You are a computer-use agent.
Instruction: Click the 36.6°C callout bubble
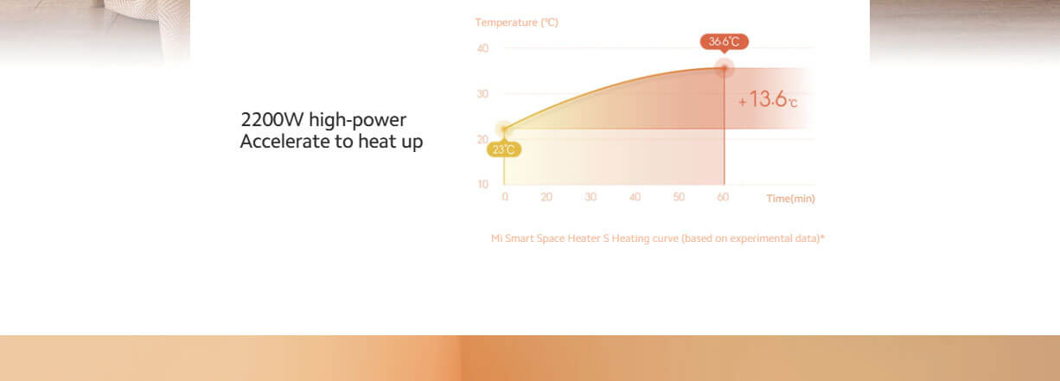(x=724, y=41)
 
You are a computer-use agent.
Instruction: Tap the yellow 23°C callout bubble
(x=504, y=149)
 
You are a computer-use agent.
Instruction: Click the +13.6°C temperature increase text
(x=768, y=99)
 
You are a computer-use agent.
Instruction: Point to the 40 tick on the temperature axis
(x=482, y=48)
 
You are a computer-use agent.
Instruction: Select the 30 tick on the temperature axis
(x=482, y=93)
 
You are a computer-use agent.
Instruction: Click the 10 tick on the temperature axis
(x=482, y=184)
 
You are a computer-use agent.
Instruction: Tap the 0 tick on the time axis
(x=505, y=197)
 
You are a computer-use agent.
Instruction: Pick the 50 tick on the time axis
(x=679, y=197)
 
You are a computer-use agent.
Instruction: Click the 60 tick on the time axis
(x=723, y=197)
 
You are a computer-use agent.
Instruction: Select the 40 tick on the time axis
(x=635, y=197)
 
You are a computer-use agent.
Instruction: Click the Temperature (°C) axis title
(x=517, y=22)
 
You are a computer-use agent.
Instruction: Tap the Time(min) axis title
(x=791, y=199)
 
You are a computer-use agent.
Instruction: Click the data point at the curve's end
(x=724, y=68)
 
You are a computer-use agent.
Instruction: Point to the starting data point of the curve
(x=504, y=129)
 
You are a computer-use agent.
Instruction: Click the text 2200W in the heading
(x=272, y=119)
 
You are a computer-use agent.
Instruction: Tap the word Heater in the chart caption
(x=584, y=238)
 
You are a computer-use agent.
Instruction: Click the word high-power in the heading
(x=357, y=120)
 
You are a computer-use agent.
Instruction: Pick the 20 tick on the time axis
(x=546, y=197)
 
